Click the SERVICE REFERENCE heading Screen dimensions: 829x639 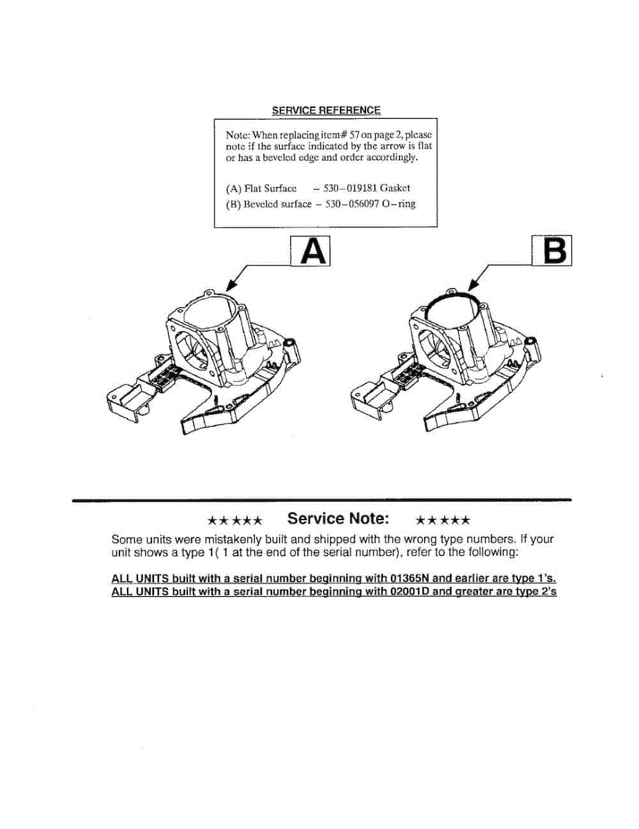(325, 111)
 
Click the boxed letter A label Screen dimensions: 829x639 (310, 252)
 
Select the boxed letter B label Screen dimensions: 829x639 (552, 252)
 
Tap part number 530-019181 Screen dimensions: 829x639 (352, 189)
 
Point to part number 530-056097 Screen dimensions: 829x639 (353, 204)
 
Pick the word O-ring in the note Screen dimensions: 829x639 (399, 204)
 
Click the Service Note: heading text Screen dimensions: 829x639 (338, 518)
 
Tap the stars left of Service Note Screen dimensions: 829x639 (235, 520)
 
